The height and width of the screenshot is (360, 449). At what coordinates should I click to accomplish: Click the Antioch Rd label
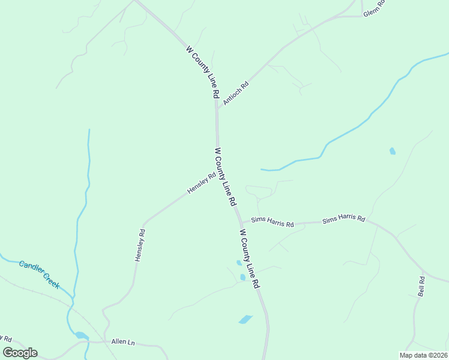[x=236, y=94]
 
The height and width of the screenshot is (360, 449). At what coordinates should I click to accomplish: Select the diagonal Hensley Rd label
[x=201, y=183]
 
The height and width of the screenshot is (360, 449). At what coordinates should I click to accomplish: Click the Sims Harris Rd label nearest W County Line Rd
[x=273, y=223]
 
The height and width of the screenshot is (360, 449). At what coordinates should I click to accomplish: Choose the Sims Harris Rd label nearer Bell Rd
[x=343, y=220]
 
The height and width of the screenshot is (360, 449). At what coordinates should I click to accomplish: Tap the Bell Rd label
[x=421, y=286]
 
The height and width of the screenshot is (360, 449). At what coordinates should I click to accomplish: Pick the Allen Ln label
[x=123, y=342]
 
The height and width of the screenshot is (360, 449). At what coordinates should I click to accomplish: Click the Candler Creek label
[x=39, y=274]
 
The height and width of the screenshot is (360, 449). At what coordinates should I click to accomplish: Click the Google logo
[x=20, y=353]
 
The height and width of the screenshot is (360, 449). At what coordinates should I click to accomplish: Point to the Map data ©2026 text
[x=423, y=355]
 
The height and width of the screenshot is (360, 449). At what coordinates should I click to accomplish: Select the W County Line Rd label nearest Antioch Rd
[x=202, y=72]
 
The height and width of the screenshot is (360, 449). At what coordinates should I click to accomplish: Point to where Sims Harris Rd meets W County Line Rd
[x=241, y=223]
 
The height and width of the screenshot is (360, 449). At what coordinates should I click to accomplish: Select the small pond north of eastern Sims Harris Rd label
[x=393, y=151]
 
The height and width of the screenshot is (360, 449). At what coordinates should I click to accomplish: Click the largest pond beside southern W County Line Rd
[x=246, y=319]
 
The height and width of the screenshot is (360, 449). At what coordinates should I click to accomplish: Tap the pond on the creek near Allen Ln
[x=81, y=335]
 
